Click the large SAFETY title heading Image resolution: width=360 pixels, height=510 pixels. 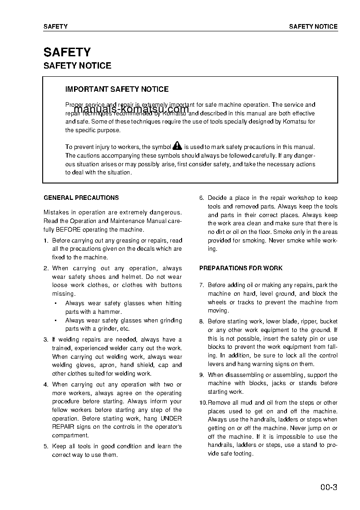coord(67,52)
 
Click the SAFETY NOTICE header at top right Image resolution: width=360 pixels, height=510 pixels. coord(313,26)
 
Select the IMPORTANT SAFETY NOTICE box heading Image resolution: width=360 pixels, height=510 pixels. coord(117,89)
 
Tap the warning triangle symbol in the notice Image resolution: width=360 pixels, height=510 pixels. coord(177,146)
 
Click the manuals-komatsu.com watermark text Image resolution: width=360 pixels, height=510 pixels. coord(131,109)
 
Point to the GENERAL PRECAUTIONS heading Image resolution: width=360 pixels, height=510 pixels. coord(81,198)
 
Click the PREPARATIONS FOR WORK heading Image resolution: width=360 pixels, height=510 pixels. coord(241,268)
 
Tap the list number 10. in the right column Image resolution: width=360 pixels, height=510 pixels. coord(203,403)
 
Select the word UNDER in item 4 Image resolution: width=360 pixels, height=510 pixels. coord(171,419)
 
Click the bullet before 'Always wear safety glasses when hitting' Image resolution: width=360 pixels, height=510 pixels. coord(55,303)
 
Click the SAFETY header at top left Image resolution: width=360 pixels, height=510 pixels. coord(55,26)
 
